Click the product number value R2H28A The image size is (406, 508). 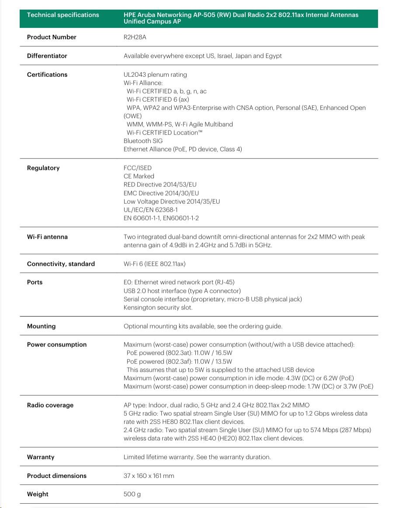135,37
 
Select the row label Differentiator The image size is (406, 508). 47,56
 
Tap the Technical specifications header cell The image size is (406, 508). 63,15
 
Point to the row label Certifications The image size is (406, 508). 47,75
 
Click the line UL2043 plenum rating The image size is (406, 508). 155,75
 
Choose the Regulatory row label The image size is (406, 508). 43,168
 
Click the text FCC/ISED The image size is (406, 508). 138,168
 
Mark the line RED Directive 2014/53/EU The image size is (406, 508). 160,185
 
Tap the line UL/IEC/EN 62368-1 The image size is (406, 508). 151,210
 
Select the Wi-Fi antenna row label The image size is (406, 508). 47,237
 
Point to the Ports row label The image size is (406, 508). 35,282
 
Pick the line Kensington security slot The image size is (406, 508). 158,308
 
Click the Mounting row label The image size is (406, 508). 42,326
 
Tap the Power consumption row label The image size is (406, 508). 57,345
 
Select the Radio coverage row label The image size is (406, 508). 50,405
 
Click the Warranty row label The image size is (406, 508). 41,457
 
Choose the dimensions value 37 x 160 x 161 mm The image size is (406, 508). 149,476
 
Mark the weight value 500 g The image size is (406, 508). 132,494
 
